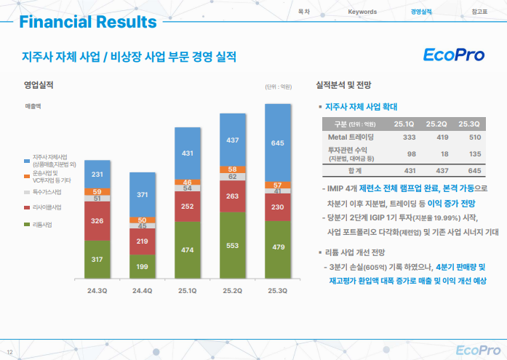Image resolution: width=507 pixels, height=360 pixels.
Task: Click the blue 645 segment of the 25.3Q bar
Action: point(277,143)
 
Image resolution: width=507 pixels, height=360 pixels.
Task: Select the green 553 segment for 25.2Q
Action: point(232,246)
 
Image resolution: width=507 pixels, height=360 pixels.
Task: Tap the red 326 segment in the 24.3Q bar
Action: point(97,220)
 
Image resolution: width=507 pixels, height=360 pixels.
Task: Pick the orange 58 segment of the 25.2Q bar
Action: point(232,169)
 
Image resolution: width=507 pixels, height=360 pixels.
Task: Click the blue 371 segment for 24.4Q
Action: point(142,194)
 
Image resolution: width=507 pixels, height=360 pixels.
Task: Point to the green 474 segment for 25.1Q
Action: point(187,250)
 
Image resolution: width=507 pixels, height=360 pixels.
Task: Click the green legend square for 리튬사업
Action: point(26,224)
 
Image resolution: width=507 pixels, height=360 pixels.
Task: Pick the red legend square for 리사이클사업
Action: point(26,208)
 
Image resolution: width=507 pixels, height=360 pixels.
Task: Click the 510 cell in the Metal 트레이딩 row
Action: point(475,137)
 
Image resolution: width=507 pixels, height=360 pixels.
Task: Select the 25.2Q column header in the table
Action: point(441,123)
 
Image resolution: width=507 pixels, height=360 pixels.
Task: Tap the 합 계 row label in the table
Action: point(354,170)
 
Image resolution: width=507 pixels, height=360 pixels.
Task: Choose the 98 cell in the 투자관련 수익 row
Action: point(411,153)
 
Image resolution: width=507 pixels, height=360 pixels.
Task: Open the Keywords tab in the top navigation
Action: point(362,12)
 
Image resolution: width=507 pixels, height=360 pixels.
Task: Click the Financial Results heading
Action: point(87,22)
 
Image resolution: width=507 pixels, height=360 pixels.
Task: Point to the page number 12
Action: point(9,342)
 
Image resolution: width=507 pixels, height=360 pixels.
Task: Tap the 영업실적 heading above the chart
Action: point(39,86)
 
